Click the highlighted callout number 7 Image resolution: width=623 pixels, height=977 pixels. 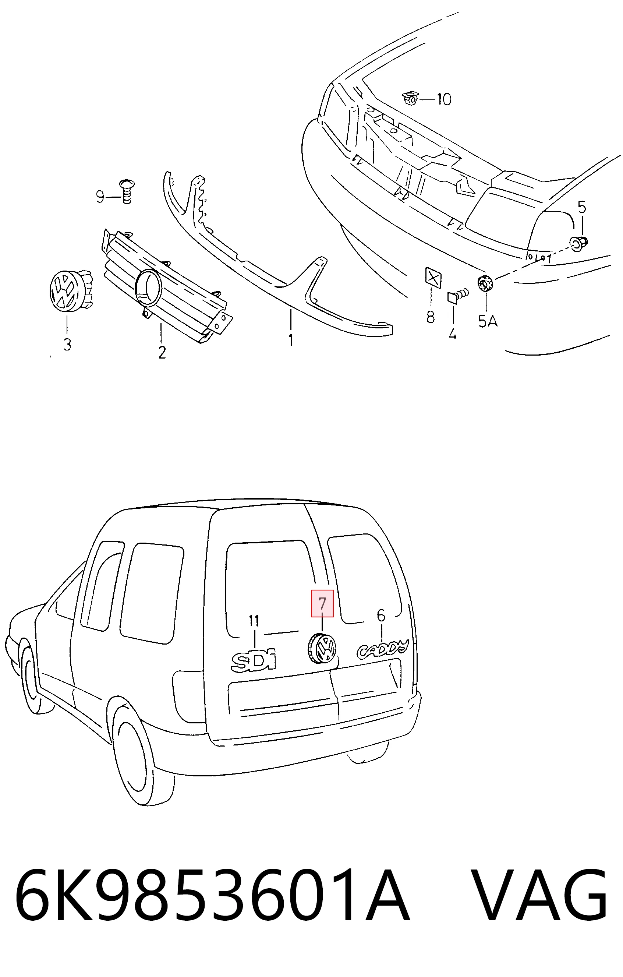click(322, 603)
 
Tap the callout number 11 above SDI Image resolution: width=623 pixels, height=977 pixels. click(254, 621)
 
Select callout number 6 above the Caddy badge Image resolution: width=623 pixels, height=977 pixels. click(381, 616)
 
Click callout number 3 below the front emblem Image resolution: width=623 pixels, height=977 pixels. click(67, 345)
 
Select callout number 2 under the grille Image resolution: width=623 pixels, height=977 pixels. click(162, 352)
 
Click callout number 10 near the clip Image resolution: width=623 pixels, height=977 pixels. click(444, 99)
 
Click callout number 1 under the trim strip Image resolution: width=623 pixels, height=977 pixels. click(291, 340)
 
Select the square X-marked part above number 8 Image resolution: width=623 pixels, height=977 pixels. click(433, 278)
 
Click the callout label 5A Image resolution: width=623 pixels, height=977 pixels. click(487, 322)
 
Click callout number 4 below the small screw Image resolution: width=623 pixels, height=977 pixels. click(453, 335)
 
